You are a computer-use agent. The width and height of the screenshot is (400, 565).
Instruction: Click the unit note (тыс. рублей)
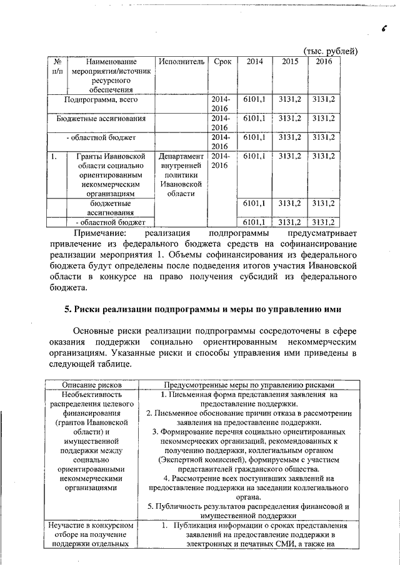pyautogui.click(x=331, y=50)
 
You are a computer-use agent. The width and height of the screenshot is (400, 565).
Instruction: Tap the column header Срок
pyautogui.click(x=222, y=62)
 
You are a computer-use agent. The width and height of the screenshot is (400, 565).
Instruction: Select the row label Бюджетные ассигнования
pyautogui.click(x=101, y=118)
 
